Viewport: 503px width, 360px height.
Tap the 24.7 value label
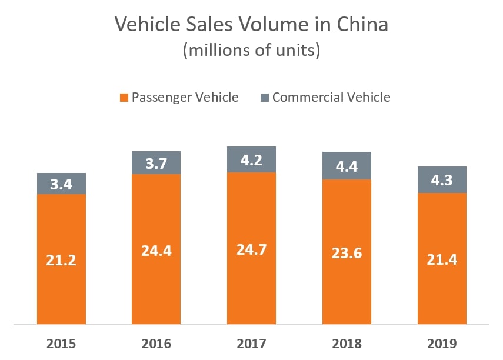point(251,249)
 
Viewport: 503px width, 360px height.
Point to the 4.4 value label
point(347,166)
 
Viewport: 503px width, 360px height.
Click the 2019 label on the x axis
point(442,344)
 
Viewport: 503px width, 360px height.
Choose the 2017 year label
point(251,344)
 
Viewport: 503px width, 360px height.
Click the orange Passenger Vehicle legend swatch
point(124,98)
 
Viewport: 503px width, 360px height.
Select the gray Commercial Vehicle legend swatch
point(264,98)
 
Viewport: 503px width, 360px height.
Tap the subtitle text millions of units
point(252,51)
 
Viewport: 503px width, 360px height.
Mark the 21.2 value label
point(62,259)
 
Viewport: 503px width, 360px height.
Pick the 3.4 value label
point(62,184)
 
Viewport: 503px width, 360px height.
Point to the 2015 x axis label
point(62,344)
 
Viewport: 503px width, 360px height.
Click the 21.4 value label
point(442,258)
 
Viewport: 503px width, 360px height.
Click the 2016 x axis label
point(156,344)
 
